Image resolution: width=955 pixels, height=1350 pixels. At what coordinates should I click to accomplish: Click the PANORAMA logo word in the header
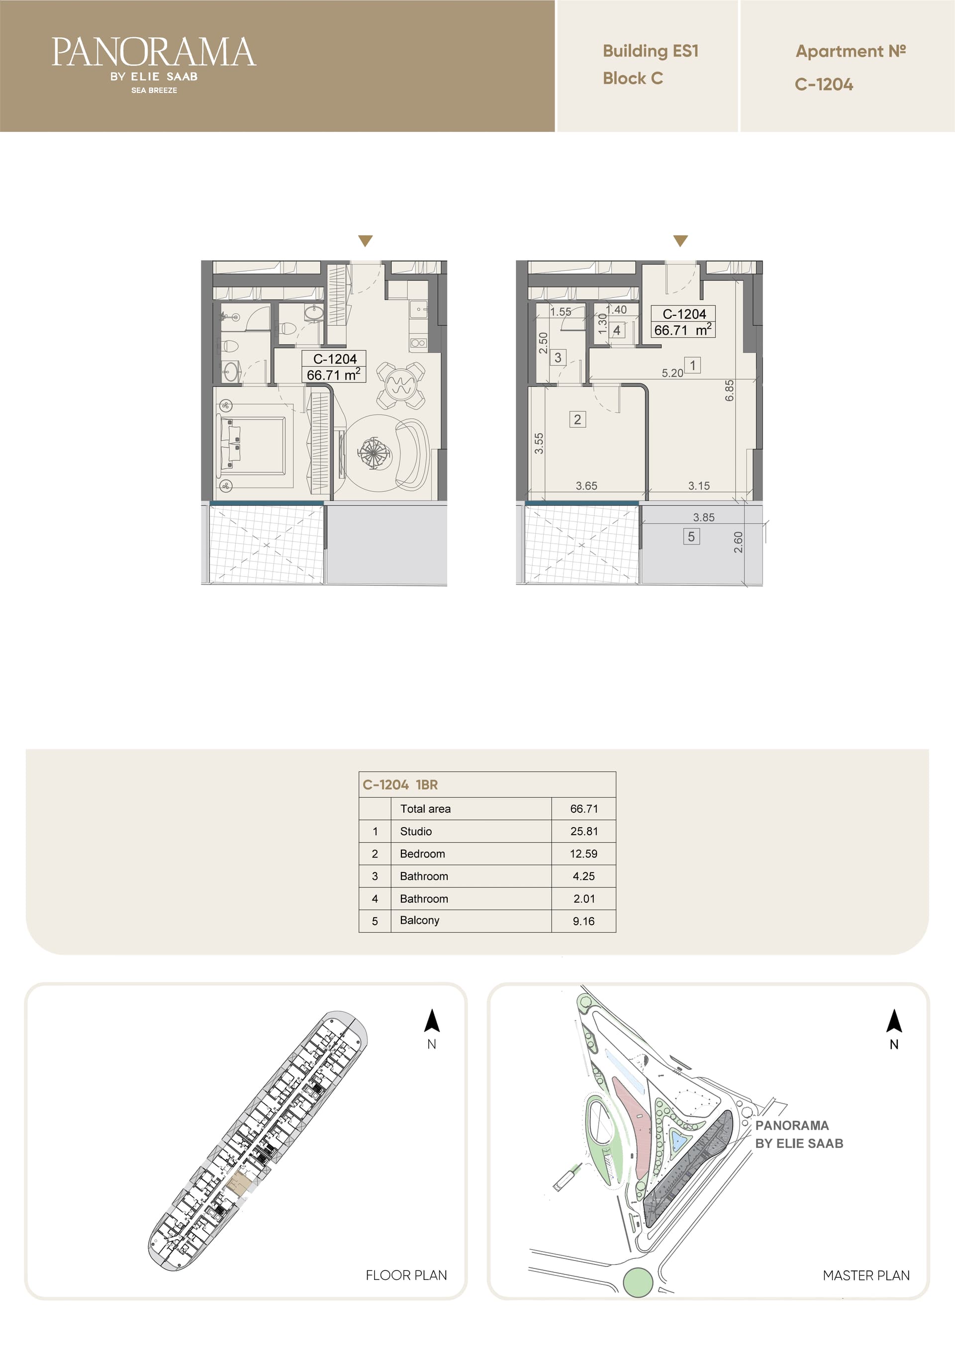tap(154, 52)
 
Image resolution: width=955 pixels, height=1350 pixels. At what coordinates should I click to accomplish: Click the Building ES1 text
tap(651, 51)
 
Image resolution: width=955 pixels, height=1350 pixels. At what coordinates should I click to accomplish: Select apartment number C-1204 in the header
tap(823, 85)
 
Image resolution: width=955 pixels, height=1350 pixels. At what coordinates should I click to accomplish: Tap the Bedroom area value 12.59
tap(583, 854)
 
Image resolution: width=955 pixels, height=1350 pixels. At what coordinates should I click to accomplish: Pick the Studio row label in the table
tap(416, 831)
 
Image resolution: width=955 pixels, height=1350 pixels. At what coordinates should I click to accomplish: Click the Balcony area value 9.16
tap(583, 921)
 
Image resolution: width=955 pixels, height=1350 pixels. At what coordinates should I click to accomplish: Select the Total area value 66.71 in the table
tap(584, 809)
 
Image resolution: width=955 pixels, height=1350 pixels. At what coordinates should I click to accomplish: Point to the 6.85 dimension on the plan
tap(729, 390)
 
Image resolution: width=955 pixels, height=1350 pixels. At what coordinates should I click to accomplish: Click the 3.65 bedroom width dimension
tap(586, 485)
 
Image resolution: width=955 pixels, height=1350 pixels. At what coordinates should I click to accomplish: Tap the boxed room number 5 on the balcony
tap(691, 536)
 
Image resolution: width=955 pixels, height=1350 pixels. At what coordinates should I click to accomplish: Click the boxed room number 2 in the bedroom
tap(577, 419)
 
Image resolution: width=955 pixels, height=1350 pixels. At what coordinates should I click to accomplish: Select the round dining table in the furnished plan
tap(400, 386)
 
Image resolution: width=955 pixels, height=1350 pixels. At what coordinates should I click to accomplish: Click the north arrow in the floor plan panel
tap(432, 1021)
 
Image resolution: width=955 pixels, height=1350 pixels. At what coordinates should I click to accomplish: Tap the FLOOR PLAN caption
tap(406, 1275)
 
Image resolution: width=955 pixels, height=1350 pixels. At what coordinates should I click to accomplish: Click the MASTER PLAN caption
tap(866, 1275)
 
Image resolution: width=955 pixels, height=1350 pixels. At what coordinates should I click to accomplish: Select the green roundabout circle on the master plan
tap(638, 1282)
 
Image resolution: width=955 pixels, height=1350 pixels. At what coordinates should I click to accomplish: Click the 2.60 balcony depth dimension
tap(738, 542)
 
